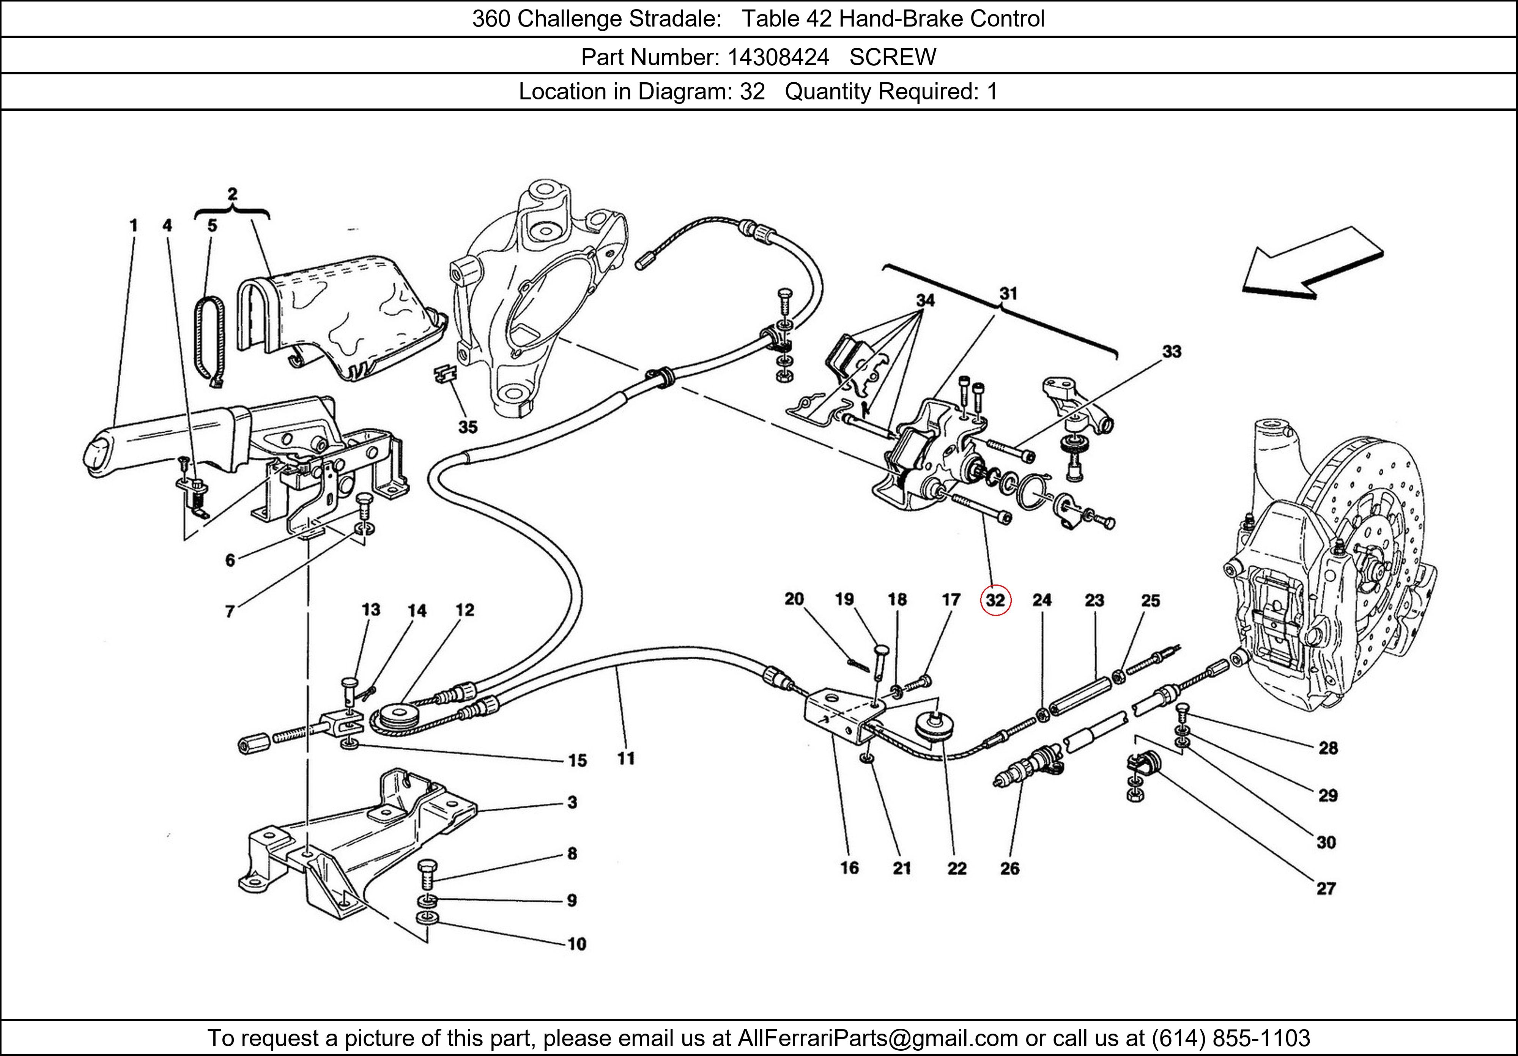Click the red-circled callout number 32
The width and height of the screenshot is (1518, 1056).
pyautogui.click(x=995, y=600)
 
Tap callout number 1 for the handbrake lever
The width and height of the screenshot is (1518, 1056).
pyautogui.click(x=134, y=225)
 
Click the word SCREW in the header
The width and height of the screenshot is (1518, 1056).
pyautogui.click(x=893, y=58)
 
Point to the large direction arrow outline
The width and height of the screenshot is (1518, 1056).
pyautogui.click(x=1312, y=262)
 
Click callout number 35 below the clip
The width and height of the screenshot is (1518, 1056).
pyautogui.click(x=468, y=427)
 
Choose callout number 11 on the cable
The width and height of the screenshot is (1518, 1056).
pyautogui.click(x=625, y=759)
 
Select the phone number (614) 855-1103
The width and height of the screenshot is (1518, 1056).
pyautogui.click(x=1230, y=1038)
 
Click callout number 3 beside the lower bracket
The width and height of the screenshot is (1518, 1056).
pyautogui.click(x=572, y=802)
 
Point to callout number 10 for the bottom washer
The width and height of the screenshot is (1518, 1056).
pyautogui.click(x=576, y=944)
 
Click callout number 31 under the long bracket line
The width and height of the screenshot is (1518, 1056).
pyautogui.click(x=1008, y=294)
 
